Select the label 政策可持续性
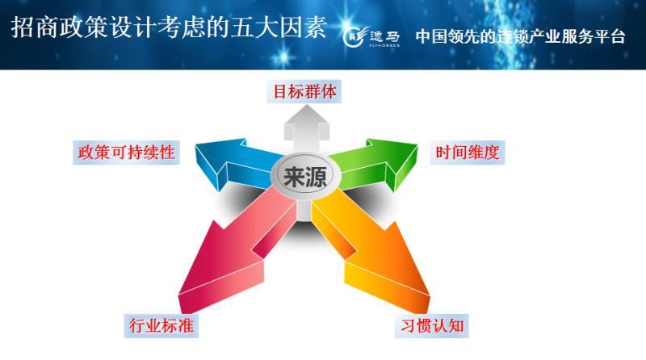click(x=125, y=152)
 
